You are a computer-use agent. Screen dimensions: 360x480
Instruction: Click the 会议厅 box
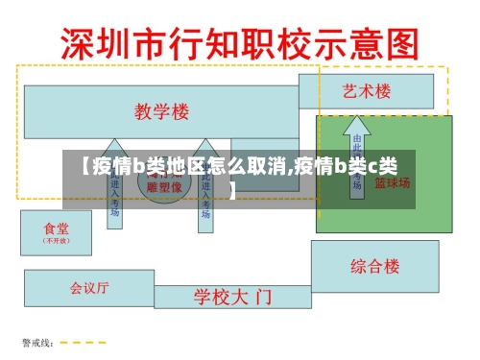88,286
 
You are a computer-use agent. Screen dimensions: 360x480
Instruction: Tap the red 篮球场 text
392,182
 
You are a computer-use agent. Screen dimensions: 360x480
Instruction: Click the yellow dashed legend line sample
73,343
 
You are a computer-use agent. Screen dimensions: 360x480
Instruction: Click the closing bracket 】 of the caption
233,188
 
